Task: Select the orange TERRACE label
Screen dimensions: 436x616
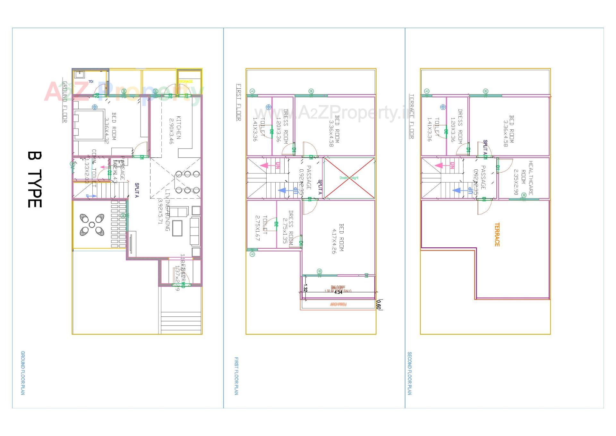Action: click(497, 235)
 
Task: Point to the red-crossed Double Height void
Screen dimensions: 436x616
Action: click(349, 178)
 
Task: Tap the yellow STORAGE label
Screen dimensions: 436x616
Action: click(186, 82)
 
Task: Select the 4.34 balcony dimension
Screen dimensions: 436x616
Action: click(338, 292)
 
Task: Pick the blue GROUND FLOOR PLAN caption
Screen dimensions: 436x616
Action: click(23, 373)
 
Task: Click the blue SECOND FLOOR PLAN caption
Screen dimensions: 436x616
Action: click(409, 373)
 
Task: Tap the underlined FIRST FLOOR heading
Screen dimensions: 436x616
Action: click(238, 102)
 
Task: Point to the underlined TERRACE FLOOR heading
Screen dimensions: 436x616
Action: click(411, 116)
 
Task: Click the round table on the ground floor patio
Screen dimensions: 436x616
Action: click(92, 225)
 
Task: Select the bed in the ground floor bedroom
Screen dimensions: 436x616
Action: click(89, 125)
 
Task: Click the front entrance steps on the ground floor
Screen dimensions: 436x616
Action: click(181, 323)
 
